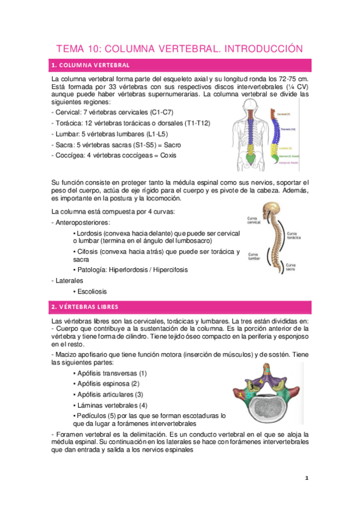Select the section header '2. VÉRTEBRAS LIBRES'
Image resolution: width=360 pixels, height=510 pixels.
point(84,307)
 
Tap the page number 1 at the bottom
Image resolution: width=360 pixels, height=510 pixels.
point(306,478)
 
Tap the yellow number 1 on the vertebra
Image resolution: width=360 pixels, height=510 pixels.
point(240,394)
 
